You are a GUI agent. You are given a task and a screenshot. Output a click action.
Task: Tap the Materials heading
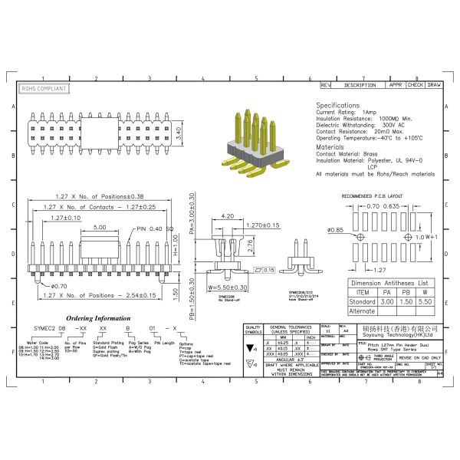[x=330, y=146]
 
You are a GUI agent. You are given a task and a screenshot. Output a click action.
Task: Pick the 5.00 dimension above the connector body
[x=100, y=228]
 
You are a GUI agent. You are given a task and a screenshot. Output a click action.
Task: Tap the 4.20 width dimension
[x=227, y=217]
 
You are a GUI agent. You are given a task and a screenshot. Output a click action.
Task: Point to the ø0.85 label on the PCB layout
[x=335, y=230]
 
